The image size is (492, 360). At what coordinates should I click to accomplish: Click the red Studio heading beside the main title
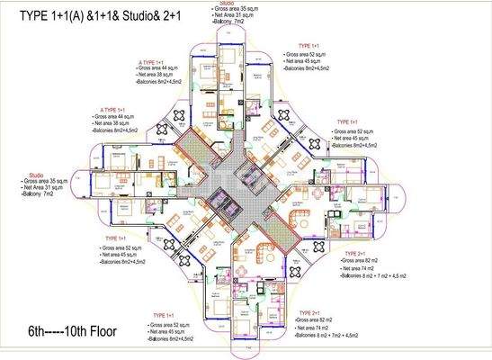(226, 4)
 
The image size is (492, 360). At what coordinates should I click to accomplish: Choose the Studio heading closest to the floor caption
(35, 175)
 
